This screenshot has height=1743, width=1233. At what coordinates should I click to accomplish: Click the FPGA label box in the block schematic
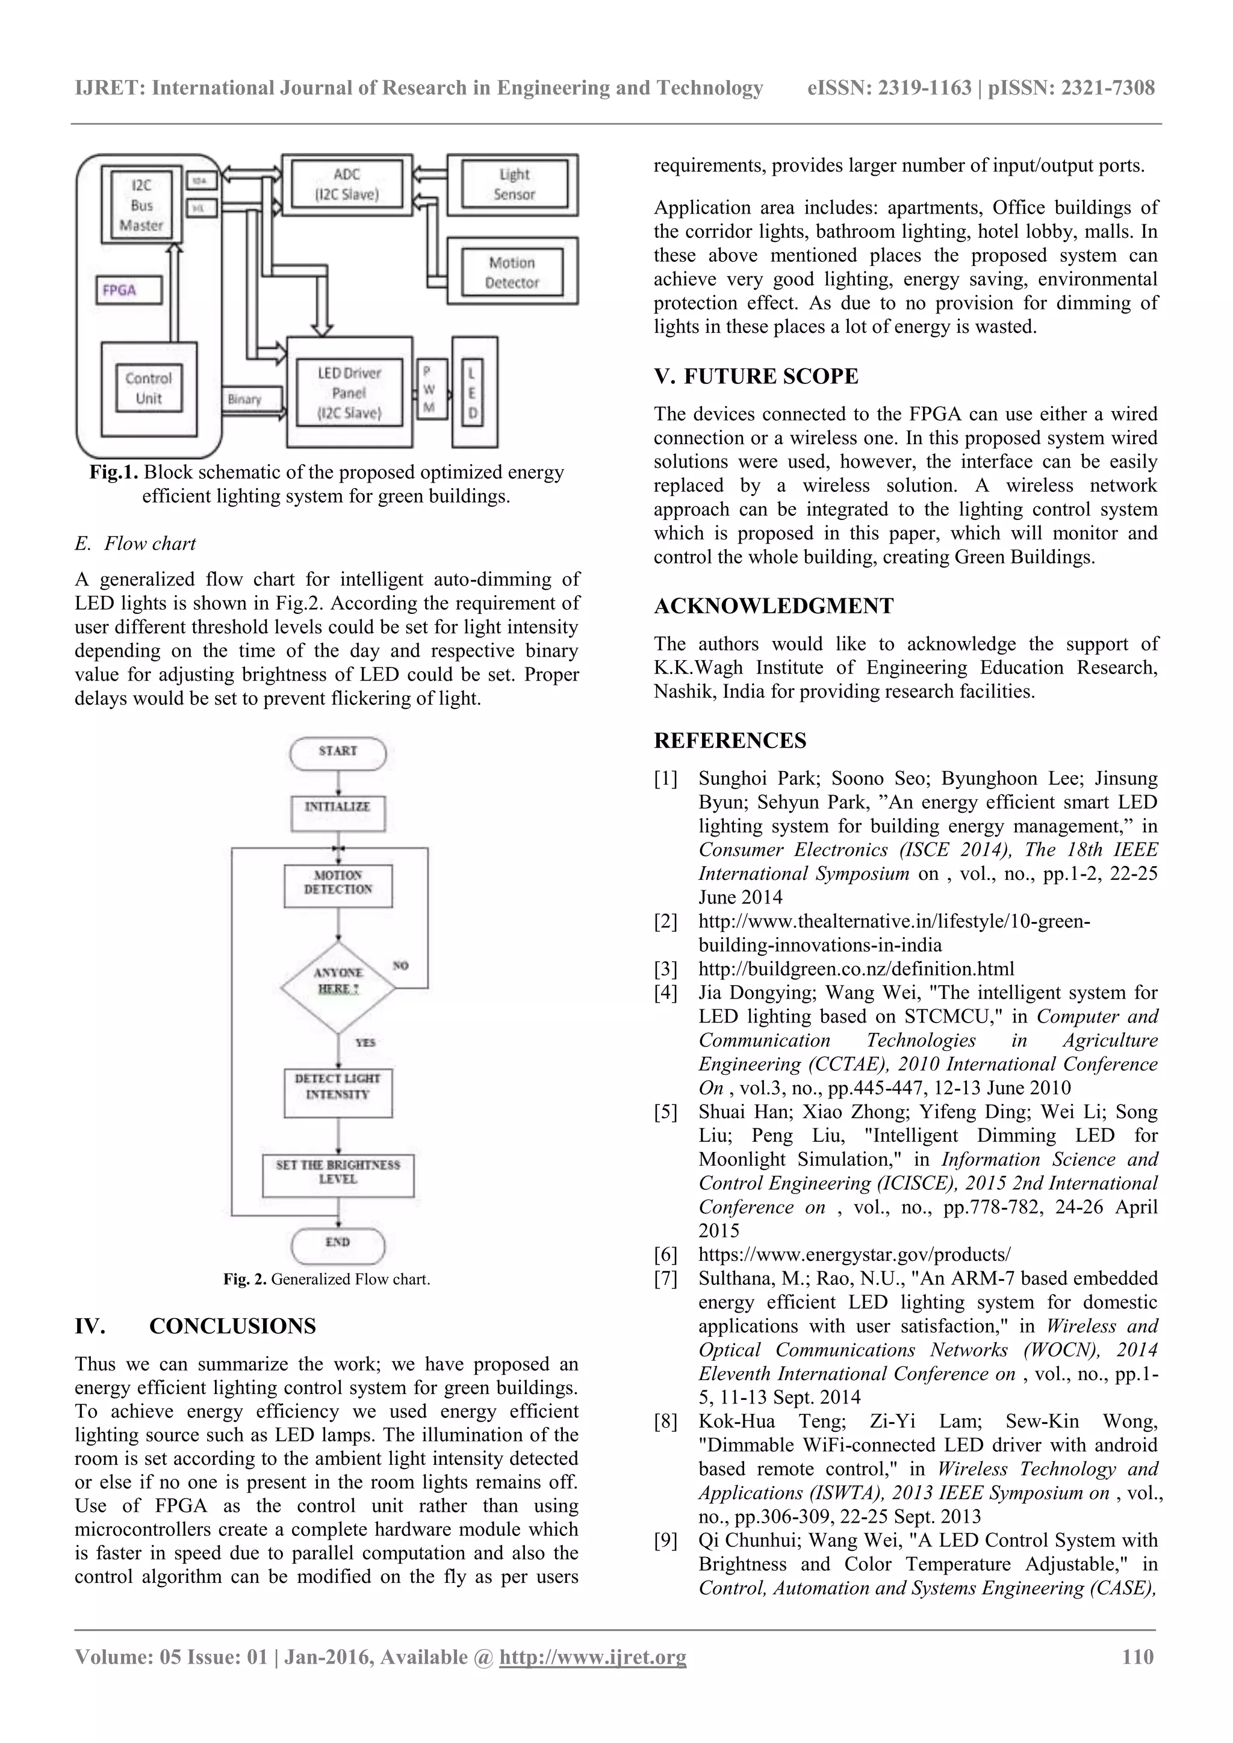click(x=129, y=290)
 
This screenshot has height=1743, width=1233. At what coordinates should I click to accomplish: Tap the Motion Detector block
click(x=512, y=273)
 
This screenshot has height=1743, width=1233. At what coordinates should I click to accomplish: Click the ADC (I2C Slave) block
click(x=346, y=185)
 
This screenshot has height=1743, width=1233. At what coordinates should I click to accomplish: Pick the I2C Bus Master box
click(x=141, y=205)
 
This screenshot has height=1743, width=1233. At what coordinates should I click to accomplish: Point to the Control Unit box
click(x=149, y=389)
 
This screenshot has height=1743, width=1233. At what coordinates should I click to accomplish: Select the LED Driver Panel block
click(x=349, y=392)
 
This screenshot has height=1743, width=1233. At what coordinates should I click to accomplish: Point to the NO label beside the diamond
click(x=401, y=965)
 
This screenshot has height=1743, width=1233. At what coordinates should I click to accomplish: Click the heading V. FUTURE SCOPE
click(x=756, y=377)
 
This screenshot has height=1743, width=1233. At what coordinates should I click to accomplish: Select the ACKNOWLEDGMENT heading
click(x=774, y=606)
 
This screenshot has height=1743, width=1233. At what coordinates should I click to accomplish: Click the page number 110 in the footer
click(x=1137, y=1657)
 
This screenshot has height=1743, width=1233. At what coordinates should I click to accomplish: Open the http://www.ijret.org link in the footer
click(x=592, y=1657)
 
